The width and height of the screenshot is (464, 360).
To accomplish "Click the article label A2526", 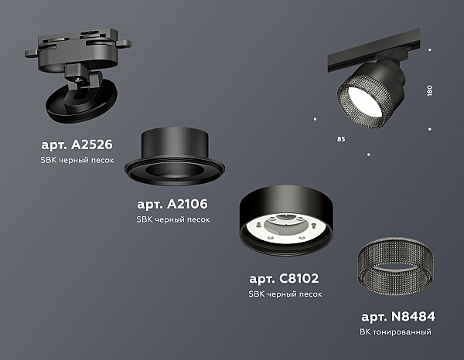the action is click(77, 144).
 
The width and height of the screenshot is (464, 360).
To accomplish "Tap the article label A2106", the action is click(172, 204).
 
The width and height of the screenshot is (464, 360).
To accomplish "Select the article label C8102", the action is click(284, 278).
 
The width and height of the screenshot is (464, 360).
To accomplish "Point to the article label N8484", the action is click(398, 317).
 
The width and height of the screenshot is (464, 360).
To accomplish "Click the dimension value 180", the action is click(430, 90).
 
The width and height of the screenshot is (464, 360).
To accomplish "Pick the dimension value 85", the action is click(341, 139).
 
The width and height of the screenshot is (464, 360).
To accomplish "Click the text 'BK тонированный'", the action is click(395, 332).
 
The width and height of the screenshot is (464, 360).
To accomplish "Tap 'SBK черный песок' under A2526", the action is click(77, 160).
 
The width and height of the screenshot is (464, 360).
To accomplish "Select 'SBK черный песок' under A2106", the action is click(172, 219).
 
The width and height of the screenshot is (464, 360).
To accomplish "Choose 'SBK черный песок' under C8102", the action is click(285, 294).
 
